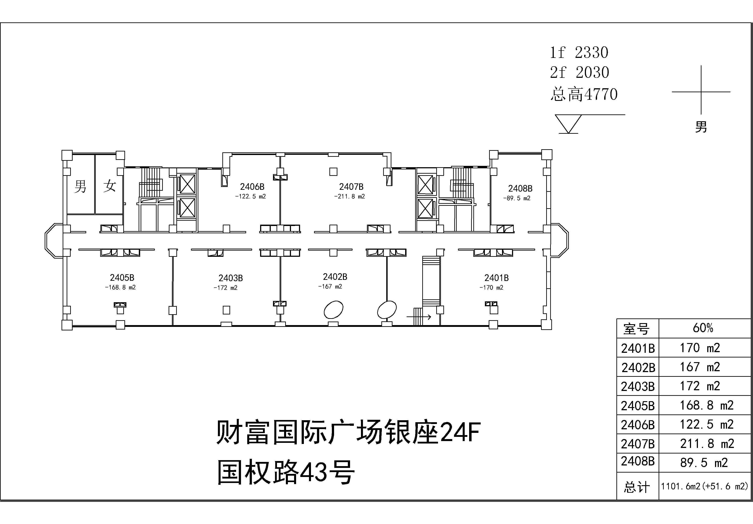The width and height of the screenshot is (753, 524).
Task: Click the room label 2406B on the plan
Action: click(x=252, y=187)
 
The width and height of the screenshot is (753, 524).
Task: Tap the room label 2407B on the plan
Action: click(x=351, y=187)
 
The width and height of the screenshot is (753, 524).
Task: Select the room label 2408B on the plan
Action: click(x=520, y=188)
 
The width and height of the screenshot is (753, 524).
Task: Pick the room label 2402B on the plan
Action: click(x=335, y=277)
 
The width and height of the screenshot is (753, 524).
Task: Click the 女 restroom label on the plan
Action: click(x=110, y=186)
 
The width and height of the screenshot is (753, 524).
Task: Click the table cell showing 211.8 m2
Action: click(x=707, y=444)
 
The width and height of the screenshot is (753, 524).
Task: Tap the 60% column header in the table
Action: click(x=703, y=328)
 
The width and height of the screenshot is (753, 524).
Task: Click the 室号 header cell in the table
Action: click(x=636, y=328)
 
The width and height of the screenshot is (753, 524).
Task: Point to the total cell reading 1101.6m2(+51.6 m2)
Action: click(x=704, y=486)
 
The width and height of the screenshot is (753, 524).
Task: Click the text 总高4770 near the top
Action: click(x=584, y=94)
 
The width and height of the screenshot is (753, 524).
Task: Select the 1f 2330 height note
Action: click(x=579, y=52)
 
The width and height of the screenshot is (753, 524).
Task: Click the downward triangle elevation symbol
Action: click(x=568, y=124)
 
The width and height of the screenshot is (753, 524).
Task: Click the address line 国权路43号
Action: click(x=286, y=472)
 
